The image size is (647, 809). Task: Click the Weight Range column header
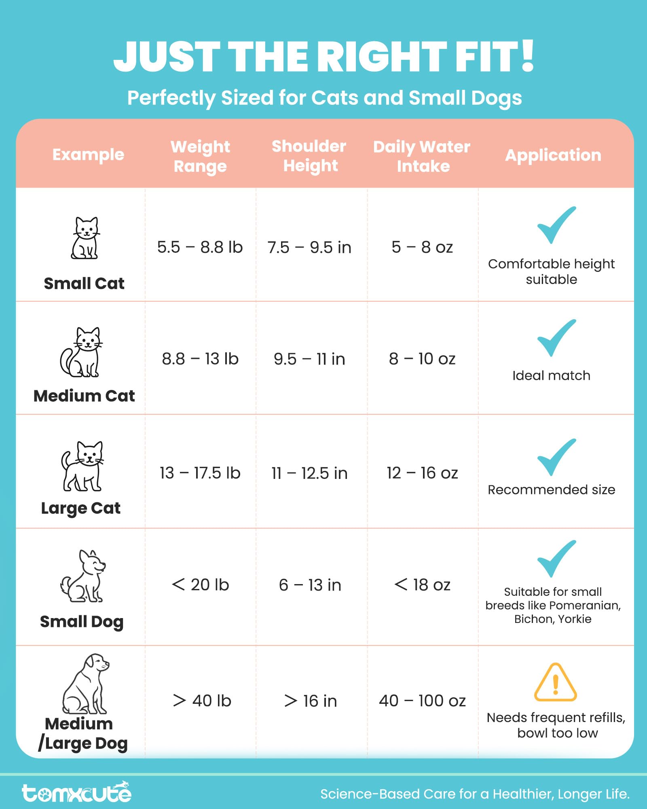coord(200,156)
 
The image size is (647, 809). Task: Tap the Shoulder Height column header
coord(309,156)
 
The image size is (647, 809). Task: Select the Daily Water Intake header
coord(422,156)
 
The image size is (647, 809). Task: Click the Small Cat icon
coord(85,238)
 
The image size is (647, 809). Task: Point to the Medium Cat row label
coord(84,396)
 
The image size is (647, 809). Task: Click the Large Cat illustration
coord(82,466)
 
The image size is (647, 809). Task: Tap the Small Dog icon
coord(83,576)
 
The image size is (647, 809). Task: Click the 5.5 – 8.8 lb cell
coord(200,247)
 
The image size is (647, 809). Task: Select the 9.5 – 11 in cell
coord(309,359)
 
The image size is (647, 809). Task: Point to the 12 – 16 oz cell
coord(422,473)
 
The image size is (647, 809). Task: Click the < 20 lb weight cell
coord(200,585)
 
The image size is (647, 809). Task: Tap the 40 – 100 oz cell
coord(422,701)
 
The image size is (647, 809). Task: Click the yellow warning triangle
coord(555,682)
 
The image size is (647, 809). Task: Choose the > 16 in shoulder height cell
coord(310,701)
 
